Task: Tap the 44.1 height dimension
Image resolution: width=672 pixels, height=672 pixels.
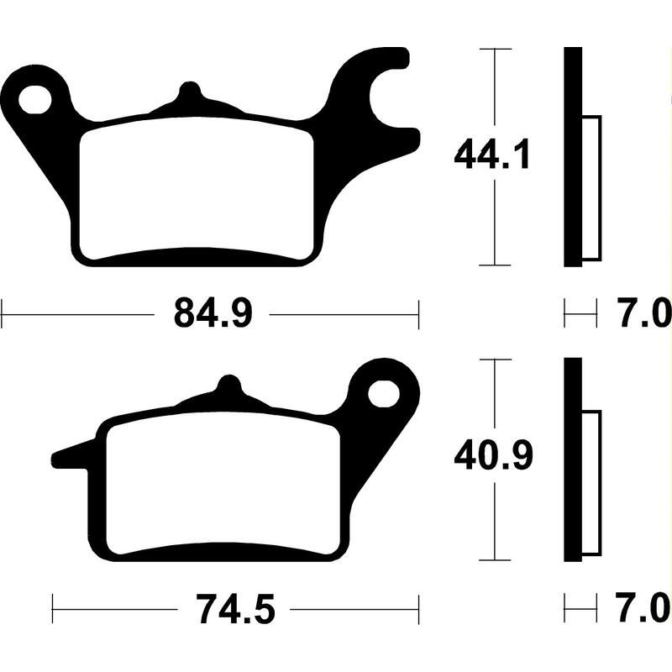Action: [x=491, y=156]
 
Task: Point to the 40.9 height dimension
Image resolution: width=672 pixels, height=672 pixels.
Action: [x=491, y=458]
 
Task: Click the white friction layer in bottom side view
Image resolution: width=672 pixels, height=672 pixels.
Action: [x=591, y=484]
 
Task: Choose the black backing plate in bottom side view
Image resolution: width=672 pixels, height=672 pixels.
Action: [x=572, y=459]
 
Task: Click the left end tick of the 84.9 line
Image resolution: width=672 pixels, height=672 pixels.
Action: [x=3, y=316]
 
